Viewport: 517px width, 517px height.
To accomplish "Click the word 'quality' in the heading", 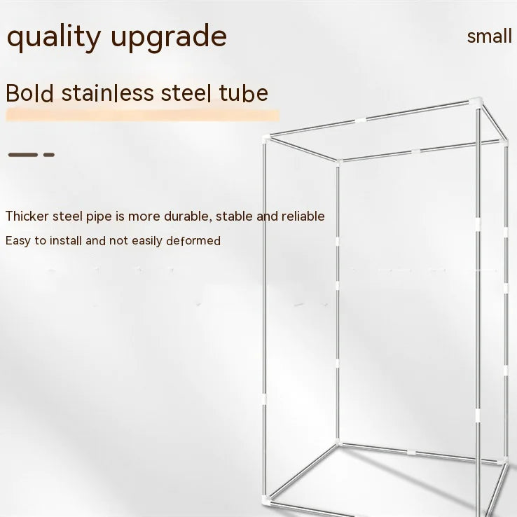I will (x=53, y=37).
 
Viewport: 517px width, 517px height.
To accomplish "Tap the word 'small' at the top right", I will (x=489, y=36).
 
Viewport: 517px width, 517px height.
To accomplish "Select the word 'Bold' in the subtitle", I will (x=29, y=93).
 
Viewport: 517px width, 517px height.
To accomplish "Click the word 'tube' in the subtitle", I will (x=243, y=93).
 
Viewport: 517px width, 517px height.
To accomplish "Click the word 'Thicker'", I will (x=27, y=216).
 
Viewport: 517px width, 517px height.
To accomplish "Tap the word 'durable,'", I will (x=187, y=216).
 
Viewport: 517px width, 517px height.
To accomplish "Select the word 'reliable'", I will (x=303, y=216).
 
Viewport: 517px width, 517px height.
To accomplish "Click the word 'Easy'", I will (x=18, y=241).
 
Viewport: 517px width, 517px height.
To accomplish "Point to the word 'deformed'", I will (x=194, y=241).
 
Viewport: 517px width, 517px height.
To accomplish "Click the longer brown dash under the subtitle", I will (x=22, y=154).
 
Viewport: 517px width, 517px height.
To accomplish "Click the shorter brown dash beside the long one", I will (x=48, y=154).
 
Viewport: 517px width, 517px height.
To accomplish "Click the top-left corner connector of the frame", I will (x=265, y=137).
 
